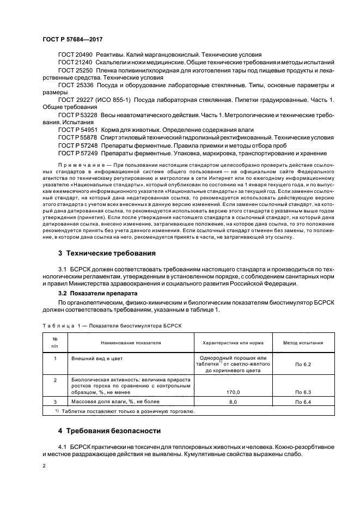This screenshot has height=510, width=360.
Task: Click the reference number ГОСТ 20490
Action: pos(75,54)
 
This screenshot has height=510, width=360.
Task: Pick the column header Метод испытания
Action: pos(303,343)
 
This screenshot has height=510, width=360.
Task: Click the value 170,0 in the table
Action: pos(233,391)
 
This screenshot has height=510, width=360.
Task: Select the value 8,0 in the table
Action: pos(233,402)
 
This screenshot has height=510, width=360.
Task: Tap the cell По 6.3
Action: pos(303,391)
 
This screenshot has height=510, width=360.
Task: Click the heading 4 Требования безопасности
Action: pos(109,430)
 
